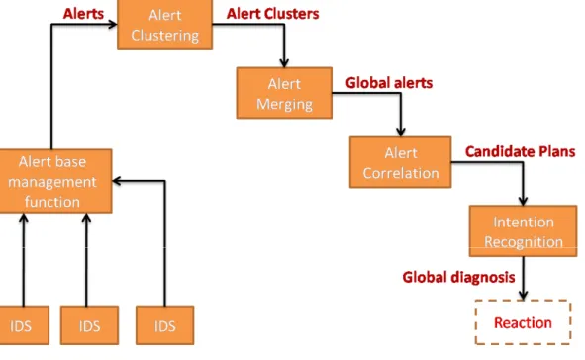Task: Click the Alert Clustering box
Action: click(x=165, y=25)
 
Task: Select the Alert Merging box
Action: click(x=284, y=93)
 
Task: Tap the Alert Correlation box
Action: click(x=400, y=162)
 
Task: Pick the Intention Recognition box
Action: click(x=523, y=231)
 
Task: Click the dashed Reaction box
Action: click(x=523, y=322)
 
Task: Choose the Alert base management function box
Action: click(x=56, y=181)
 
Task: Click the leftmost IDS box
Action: click(x=24, y=325)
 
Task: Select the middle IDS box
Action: click(x=89, y=325)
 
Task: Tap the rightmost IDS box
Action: click(x=165, y=325)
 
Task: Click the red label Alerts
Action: click(x=83, y=14)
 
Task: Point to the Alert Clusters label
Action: click(x=273, y=14)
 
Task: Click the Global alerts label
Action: click(x=389, y=83)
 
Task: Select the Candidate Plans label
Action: click(x=520, y=151)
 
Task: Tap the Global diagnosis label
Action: click(x=458, y=277)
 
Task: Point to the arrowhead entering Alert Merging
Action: click(x=284, y=62)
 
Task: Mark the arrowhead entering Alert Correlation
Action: click(x=401, y=132)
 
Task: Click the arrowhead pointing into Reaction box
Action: click(x=523, y=295)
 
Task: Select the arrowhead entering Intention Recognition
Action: click(x=523, y=201)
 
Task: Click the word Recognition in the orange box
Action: click(x=524, y=242)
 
